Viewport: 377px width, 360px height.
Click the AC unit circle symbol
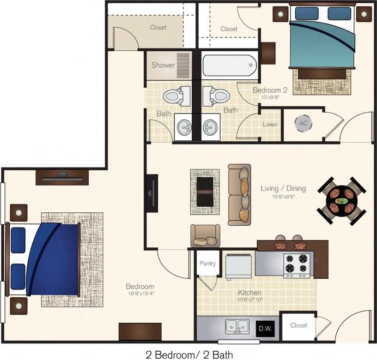point(303,123)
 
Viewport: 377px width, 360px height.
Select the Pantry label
point(207,264)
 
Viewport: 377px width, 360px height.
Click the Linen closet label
point(270,125)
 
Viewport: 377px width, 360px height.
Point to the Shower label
point(163,65)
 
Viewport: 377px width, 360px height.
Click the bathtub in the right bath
point(230,66)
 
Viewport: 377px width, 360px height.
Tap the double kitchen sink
point(237,327)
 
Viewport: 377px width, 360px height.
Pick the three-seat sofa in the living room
point(240,194)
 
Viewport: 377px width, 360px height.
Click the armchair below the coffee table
point(205,236)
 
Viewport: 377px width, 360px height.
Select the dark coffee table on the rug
point(205,192)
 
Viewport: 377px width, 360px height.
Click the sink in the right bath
point(211,126)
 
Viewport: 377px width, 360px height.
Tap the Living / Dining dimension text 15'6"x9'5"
point(283,196)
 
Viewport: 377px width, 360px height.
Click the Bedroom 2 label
point(267,90)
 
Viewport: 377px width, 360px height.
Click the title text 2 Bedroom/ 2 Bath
point(189,354)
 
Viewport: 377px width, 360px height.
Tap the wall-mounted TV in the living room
point(152,193)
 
